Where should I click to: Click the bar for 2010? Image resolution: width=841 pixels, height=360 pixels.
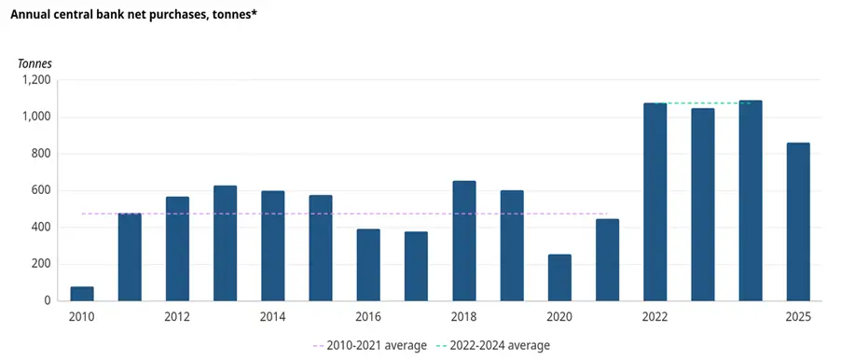(82, 294)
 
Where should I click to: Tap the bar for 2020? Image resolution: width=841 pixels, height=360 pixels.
(559, 277)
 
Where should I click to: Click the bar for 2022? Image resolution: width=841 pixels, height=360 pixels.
(655, 201)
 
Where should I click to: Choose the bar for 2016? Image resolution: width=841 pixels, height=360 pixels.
(368, 265)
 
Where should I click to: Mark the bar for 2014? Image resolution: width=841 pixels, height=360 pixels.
(273, 245)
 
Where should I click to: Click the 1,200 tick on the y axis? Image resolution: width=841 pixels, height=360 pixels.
(35, 80)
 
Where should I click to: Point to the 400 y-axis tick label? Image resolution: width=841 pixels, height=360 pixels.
(40, 228)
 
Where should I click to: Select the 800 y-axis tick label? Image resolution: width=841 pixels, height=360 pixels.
(40, 154)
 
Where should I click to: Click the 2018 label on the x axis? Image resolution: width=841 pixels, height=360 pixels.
(463, 317)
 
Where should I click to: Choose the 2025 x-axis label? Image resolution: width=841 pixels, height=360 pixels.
(798, 317)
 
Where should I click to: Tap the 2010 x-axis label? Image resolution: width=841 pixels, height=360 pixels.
(82, 317)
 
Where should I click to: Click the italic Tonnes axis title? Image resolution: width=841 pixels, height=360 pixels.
(35, 63)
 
